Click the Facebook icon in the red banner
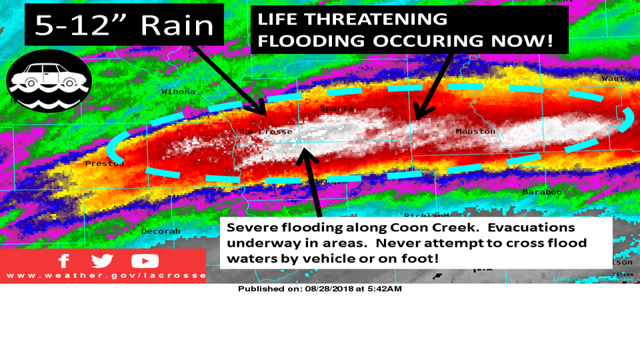(x=64, y=261)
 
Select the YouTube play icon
(x=145, y=261)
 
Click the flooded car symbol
(x=48, y=80)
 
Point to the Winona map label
(x=178, y=91)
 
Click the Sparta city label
(x=332, y=108)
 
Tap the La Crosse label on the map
(x=267, y=131)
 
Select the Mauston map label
(x=475, y=131)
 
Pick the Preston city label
(x=105, y=163)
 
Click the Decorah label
(x=161, y=231)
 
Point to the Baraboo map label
(x=542, y=191)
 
